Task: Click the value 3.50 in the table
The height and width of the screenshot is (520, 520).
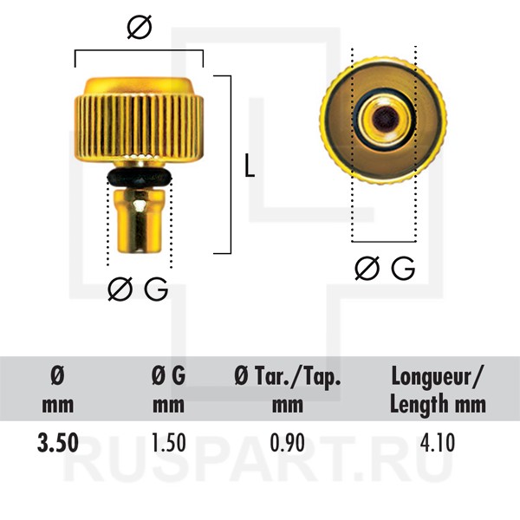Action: coord(58,443)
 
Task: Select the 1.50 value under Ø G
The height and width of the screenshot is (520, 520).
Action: coord(168,443)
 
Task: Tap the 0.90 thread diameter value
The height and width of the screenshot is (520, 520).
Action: coord(287,443)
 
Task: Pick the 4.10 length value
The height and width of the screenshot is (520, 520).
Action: coord(438,443)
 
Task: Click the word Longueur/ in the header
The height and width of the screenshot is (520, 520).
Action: coord(438,378)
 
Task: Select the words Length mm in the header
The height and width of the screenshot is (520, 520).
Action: coord(438,405)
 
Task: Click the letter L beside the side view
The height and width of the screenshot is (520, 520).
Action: coord(250,165)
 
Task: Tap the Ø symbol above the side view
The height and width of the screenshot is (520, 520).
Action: coord(140,27)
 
